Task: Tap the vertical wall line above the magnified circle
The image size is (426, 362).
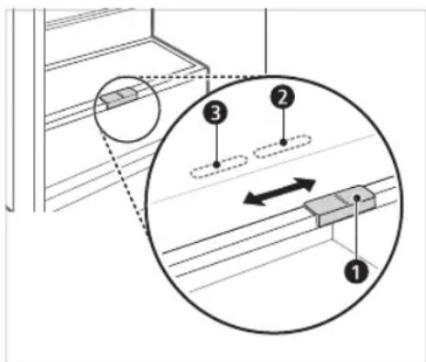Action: (266, 37)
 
